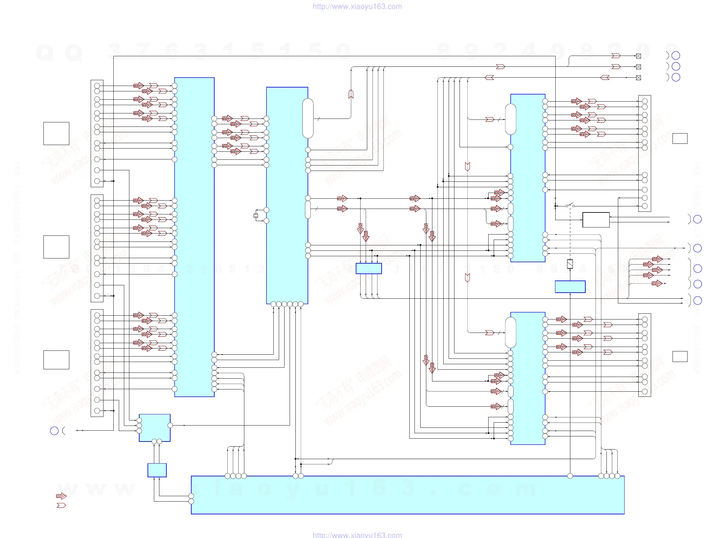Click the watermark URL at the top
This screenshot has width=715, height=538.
[357, 6]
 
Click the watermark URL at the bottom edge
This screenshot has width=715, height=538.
[357, 535]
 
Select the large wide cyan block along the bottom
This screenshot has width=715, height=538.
[407, 495]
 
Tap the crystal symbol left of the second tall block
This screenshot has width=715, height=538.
[256, 216]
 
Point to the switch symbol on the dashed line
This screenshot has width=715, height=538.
[570, 205]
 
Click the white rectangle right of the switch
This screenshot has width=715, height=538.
[596, 220]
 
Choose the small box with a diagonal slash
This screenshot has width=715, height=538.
[570, 264]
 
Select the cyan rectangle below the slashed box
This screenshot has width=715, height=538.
[570, 287]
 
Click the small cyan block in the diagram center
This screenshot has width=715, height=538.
[369, 268]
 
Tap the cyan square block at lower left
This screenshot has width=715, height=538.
[155, 428]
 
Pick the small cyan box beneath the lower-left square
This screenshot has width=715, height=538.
[157, 470]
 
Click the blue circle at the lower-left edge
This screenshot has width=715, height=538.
[54, 431]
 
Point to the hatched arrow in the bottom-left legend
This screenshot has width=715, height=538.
[61, 496]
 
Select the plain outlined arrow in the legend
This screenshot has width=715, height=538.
[61, 505]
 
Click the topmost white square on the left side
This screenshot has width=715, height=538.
[56, 133]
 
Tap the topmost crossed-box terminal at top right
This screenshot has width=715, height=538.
[638, 56]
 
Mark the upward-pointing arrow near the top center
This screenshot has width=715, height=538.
[351, 94]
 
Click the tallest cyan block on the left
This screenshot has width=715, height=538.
[194, 237]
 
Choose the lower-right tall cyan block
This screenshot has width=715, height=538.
[528, 378]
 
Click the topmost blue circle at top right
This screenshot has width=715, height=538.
[676, 56]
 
